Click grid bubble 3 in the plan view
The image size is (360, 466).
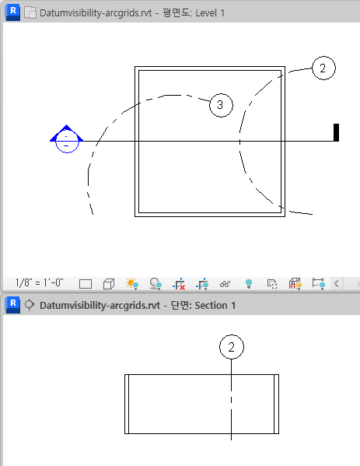(x=221, y=105)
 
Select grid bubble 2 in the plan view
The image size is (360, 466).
(x=323, y=68)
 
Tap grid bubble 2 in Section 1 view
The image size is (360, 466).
(x=232, y=347)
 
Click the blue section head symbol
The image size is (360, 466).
(x=67, y=138)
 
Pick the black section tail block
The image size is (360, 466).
(x=336, y=132)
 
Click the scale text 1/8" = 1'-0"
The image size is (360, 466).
(x=39, y=282)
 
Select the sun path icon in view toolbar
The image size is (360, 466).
(x=132, y=283)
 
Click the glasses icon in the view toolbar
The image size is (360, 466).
(x=225, y=284)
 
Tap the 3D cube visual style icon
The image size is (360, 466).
(x=109, y=284)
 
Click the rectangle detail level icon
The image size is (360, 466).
(x=86, y=284)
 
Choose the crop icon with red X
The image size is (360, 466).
(x=179, y=284)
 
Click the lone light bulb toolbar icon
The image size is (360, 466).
(x=249, y=284)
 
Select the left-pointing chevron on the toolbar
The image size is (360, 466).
(x=336, y=283)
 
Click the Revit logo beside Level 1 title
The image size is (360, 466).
(x=12, y=12)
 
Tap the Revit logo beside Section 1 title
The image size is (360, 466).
(x=12, y=305)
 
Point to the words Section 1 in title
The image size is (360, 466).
(x=215, y=306)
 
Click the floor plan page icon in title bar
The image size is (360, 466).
(x=30, y=13)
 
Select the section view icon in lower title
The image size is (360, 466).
(x=29, y=305)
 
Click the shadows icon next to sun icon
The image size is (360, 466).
(x=156, y=284)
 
